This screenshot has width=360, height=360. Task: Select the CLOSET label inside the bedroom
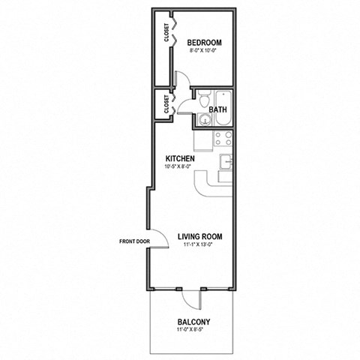coord(166,34)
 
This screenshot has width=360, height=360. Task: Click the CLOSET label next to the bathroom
coord(166,106)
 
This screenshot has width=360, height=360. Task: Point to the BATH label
coord(218,110)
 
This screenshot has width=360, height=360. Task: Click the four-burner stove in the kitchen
coord(222,137)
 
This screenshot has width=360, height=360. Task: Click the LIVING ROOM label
coord(200,236)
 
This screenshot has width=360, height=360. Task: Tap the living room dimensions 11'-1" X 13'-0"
coord(200,244)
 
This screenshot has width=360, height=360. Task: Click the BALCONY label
coord(193,322)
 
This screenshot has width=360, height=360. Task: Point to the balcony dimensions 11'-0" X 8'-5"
coord(193,331)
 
